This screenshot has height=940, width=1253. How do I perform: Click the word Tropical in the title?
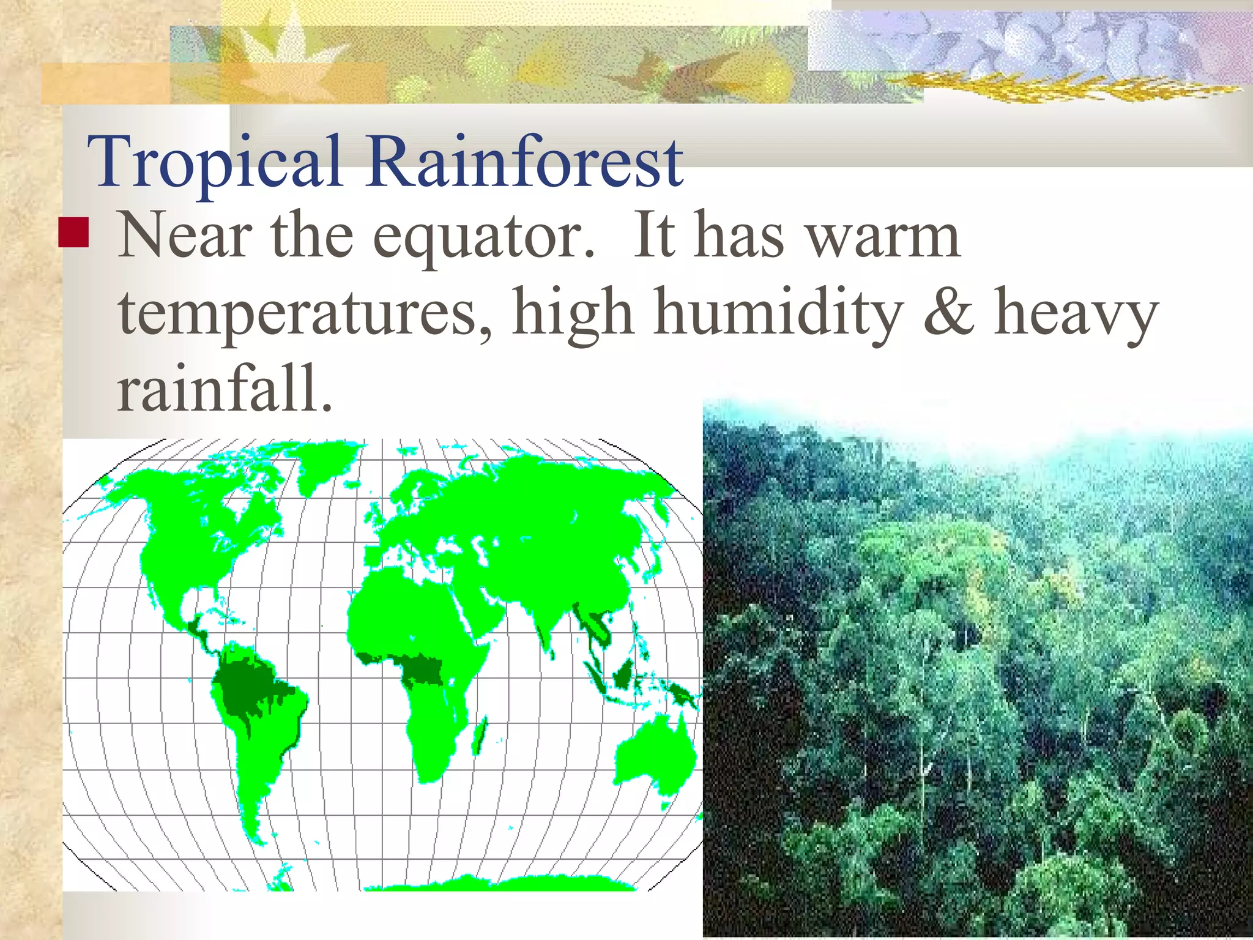214,162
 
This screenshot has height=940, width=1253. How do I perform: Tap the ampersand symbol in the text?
948,313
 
